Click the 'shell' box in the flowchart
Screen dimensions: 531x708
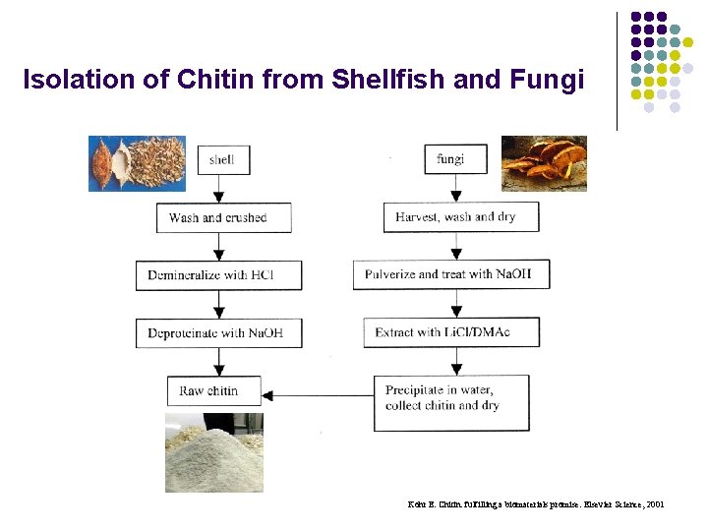pyautogui.click(x=222, y=159)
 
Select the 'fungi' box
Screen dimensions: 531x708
pyautogui.click(x=449, y=158)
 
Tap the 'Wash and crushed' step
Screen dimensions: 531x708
pyautogui.click(x=223, y=217)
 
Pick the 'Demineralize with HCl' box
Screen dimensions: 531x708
pyautogui.click(x=218, y=274)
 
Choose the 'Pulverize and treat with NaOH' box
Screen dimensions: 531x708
pyautogui.click(x=451, y=274)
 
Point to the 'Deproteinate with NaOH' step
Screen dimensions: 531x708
pyautogui.click(x=218, y=332)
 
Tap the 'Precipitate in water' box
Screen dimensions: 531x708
pyautogui.click(x=450, y=401)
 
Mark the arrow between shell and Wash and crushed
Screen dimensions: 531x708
pyautogui.click(x=222, y=190)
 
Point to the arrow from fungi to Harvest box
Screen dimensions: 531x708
pyautogui.click(x=449, y=189)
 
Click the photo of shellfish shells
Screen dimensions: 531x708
pyautogui.click(x=137, y=162)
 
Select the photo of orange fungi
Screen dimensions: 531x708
pyautogui.click(x=544, y=162)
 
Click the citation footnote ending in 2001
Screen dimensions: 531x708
pyautogui.click(x=536, y=504)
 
